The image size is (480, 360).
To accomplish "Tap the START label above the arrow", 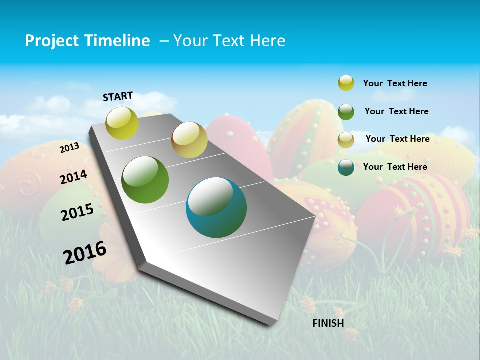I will pyautogui.click(x=118, y=96).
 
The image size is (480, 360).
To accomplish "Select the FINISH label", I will pyautogui.click(x=328, y=323).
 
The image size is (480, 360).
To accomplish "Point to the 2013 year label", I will pyautogui.click(x=70, y=148).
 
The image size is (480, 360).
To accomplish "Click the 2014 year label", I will pyautogui.click(x=74, y=177).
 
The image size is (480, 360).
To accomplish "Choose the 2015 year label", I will pyautogui.click(x=77, y=212).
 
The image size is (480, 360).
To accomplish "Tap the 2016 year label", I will pyautogui.click(x=85, y=252).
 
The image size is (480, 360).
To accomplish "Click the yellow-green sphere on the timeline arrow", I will pyautogui.click(x=122, y=123).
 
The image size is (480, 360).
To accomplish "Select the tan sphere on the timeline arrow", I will pyautogui.click(x=189, y=140).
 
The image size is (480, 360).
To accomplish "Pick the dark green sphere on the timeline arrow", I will pyautogui.click(x=145, y=180).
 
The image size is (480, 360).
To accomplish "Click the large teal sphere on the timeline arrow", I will pyautogui.click(x=216, y=208).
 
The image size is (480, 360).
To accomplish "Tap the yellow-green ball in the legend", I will pyautogui.click(x=346, y=83).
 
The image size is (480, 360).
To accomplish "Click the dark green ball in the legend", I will pyautogui.click(x=346, y=112).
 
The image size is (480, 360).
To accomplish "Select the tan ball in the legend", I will pyautogui.click(x=346, y=140).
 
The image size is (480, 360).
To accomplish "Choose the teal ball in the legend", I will pyautogui.click(x=346, y=167).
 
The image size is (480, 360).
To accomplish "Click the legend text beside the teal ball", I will pyautogui.click(x=395, y=167).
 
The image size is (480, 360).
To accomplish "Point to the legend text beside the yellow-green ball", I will pyautogui.click(x=395, y=83).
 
